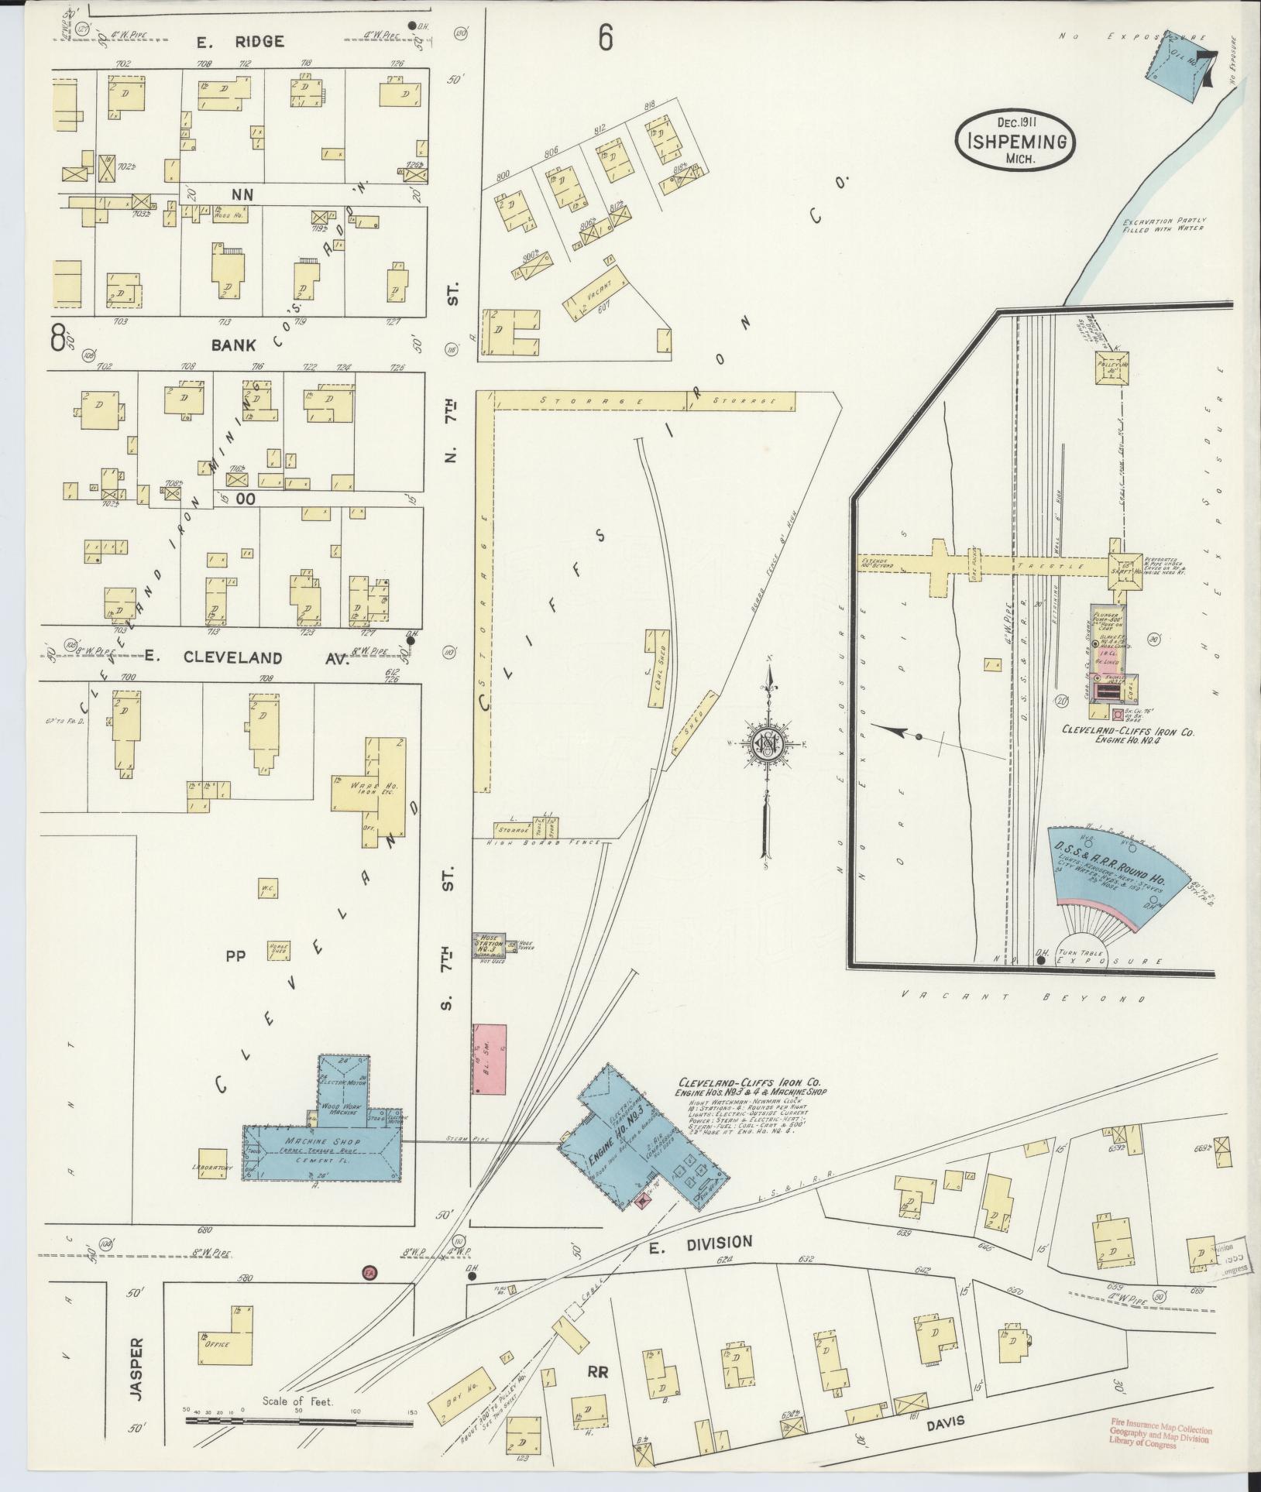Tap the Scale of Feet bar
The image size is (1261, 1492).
[301, 1422]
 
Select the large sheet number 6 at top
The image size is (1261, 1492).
[606, 37]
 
